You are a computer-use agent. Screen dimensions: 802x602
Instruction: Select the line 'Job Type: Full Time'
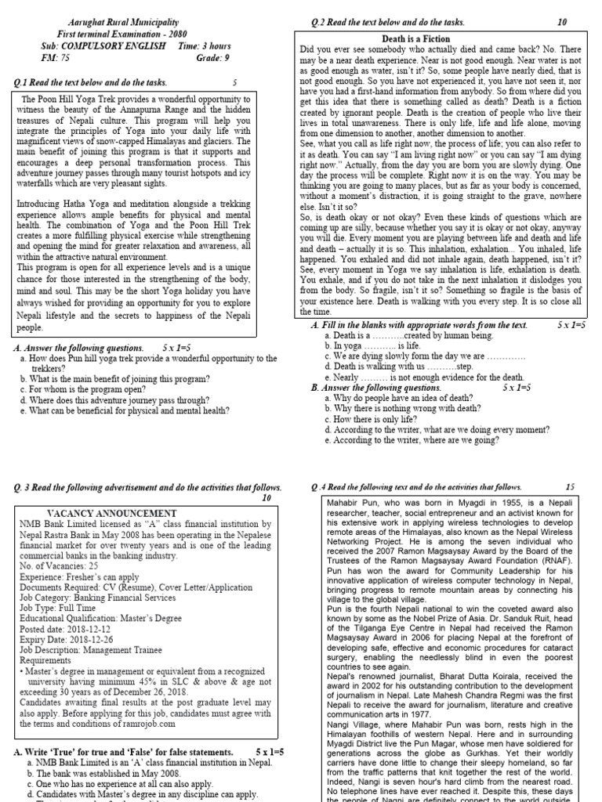pyautogui.click(x=59, y=607)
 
